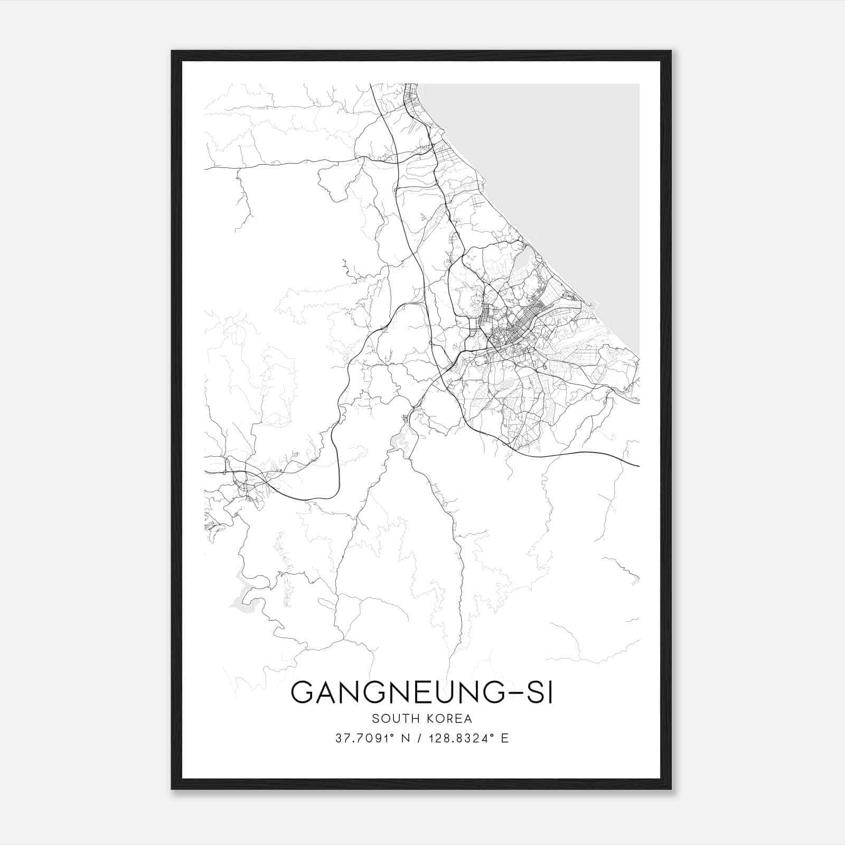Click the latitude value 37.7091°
(364, 738)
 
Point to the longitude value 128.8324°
(457, 738)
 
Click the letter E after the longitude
(505, 738)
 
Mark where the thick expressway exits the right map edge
(638, 466)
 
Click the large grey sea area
(570, 158)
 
